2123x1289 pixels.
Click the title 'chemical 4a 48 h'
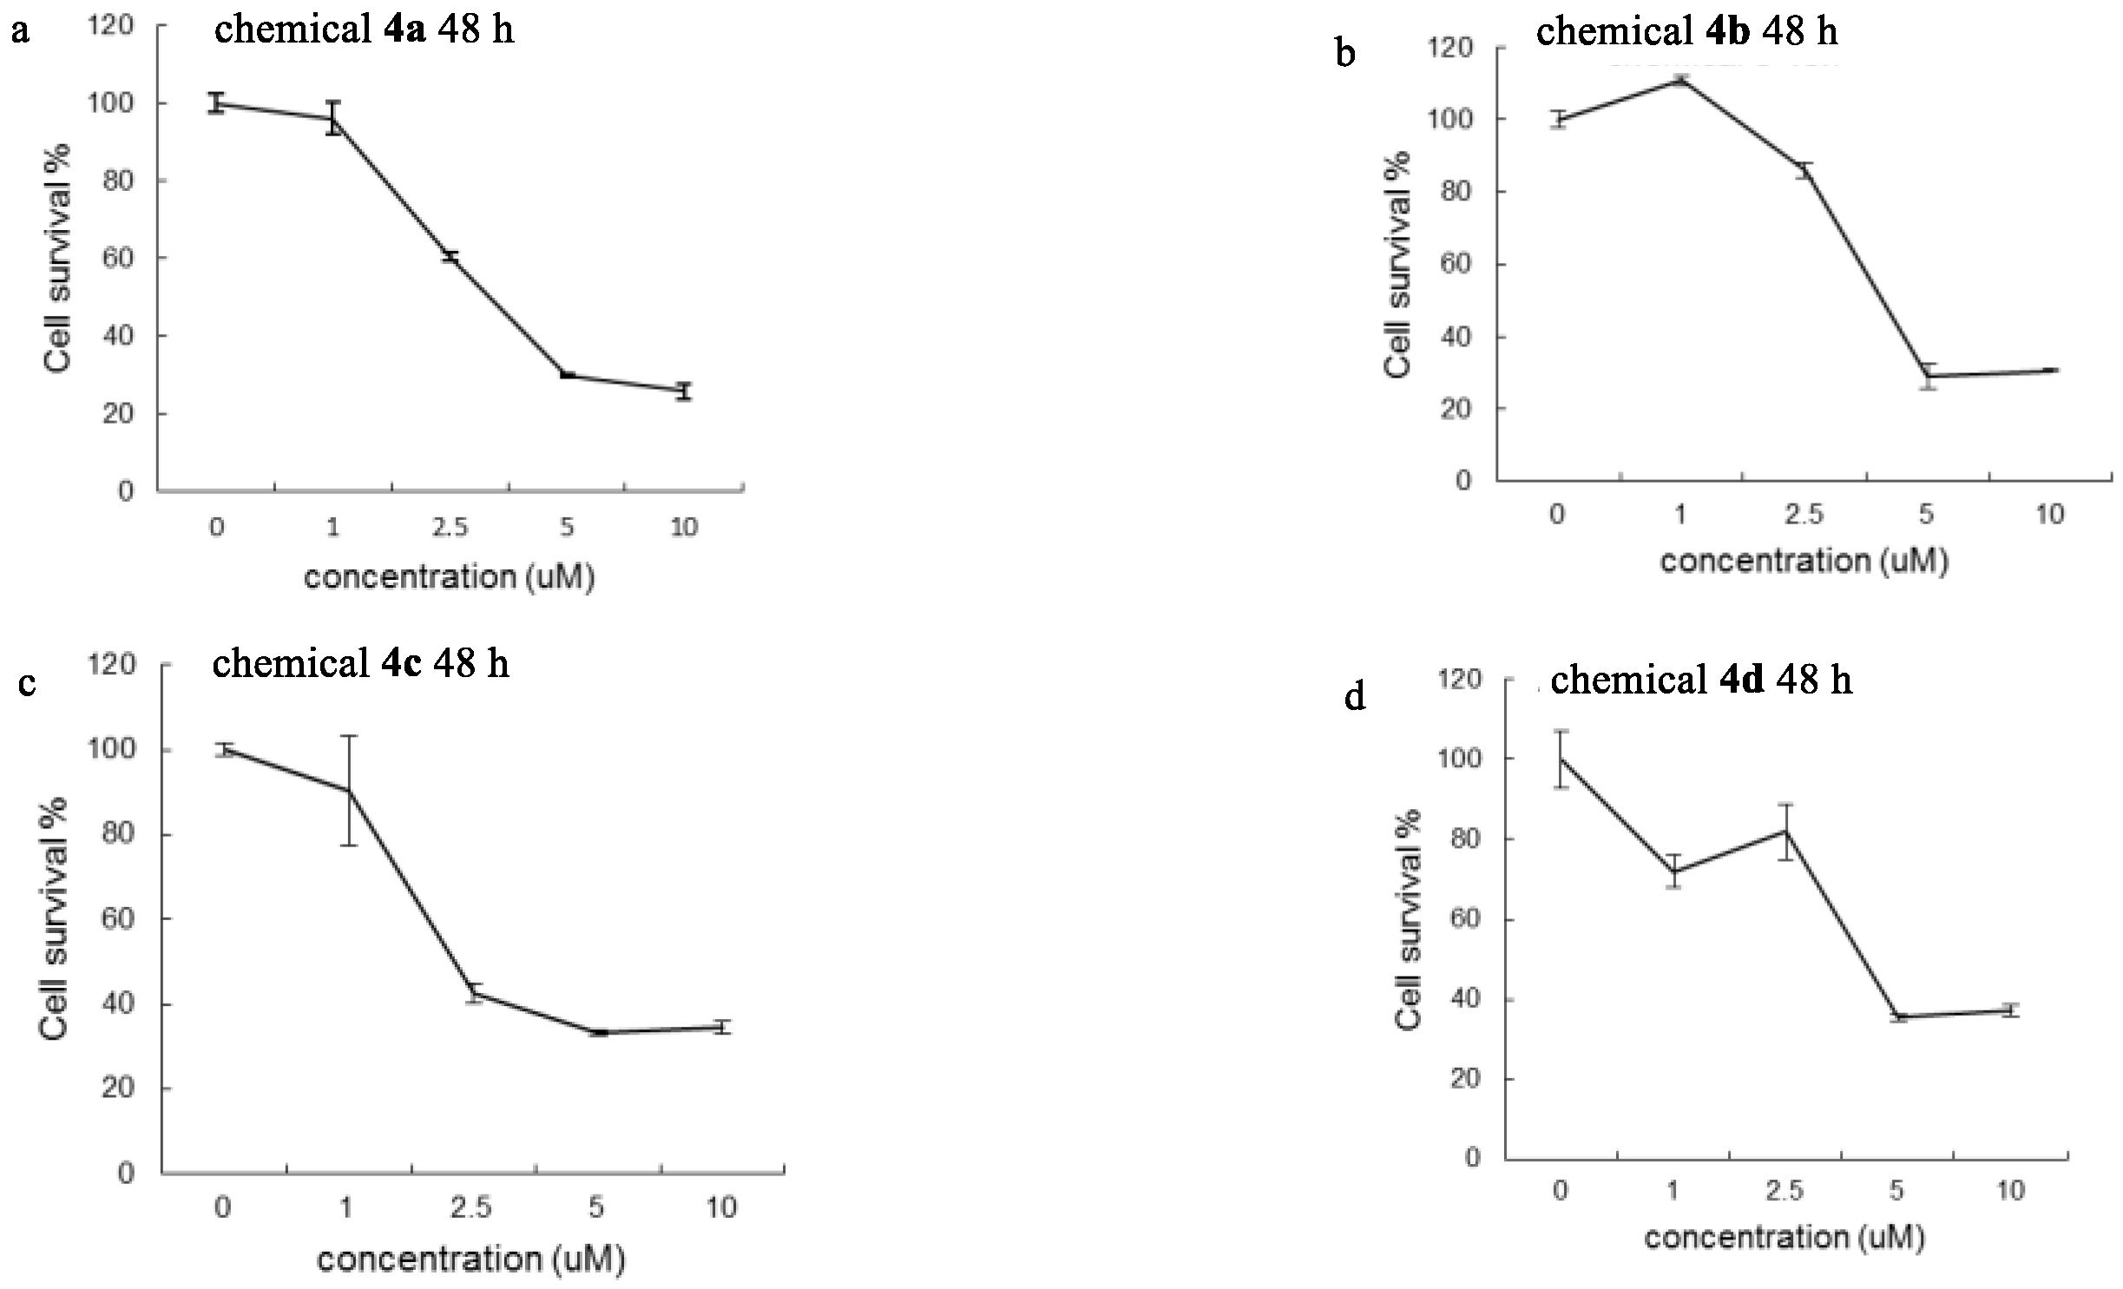point(364,30)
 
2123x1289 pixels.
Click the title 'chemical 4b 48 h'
point(1686,32)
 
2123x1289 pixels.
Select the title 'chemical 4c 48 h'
point(360,664)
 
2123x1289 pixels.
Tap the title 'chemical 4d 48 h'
point(1700,680)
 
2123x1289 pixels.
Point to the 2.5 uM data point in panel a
point(450,257)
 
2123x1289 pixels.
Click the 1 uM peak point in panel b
point(1680,81)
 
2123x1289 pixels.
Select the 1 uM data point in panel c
point(349,790)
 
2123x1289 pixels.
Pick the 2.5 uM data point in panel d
point(1785,831)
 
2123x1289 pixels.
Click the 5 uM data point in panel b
point(1927,376)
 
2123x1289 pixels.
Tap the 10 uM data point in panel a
point(684,391)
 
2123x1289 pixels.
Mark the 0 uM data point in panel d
point(1561,759)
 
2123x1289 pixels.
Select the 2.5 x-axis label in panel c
point(471,1207)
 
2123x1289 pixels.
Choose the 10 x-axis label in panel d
point(2010,1189)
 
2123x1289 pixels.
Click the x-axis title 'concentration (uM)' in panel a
point(450,577)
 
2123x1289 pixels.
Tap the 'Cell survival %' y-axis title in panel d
point(1408,919)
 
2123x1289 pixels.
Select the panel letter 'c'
point(26,684)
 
